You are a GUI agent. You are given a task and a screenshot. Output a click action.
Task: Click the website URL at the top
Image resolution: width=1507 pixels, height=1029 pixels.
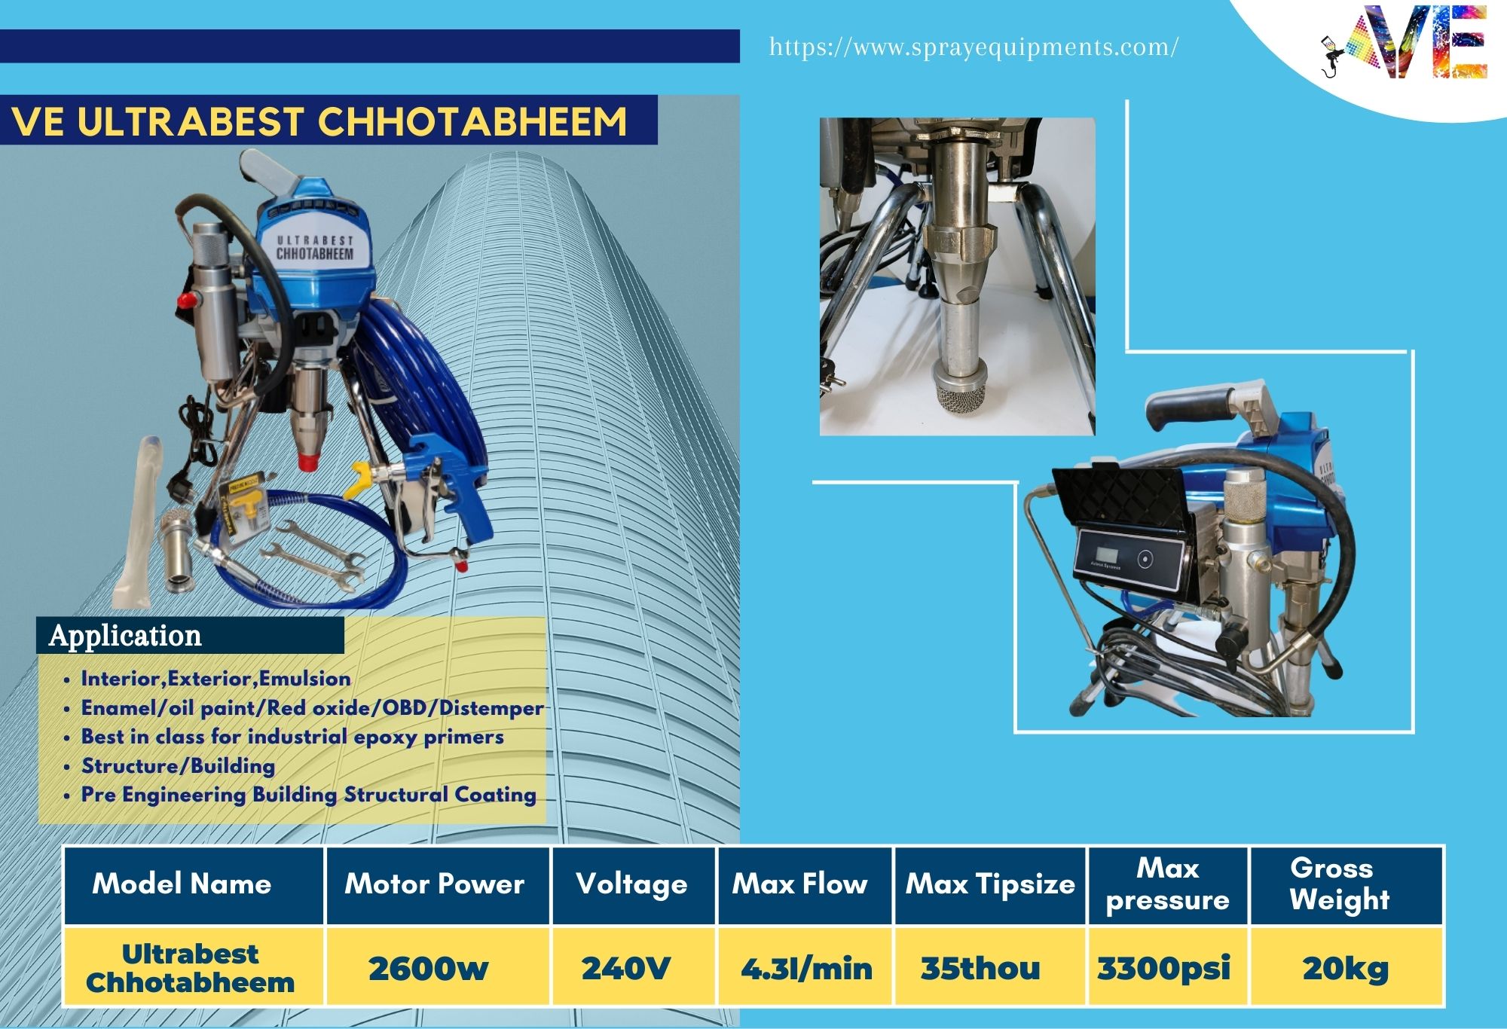click(974, 47)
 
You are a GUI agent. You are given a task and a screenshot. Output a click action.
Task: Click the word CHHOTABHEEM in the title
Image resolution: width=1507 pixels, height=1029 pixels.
click(472, 121)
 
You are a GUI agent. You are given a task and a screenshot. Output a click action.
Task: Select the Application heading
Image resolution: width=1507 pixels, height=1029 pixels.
click(125, 636)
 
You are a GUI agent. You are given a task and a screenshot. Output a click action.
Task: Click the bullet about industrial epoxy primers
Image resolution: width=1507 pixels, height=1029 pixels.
click(292, 737)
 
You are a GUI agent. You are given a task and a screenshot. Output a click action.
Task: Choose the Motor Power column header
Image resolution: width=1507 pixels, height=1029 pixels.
click(435, 884)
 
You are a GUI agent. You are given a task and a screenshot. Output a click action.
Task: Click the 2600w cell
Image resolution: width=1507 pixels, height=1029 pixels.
click(428, 969)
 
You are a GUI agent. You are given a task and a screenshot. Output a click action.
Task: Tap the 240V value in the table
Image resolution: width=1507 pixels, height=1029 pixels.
click(625, 968)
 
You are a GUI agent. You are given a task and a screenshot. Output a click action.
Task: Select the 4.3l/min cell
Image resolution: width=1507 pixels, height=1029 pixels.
click(806, 969)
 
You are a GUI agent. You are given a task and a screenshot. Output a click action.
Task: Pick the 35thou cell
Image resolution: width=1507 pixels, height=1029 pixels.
click(980, 968)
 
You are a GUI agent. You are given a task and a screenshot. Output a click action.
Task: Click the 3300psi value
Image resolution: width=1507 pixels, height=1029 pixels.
click(1164, 969)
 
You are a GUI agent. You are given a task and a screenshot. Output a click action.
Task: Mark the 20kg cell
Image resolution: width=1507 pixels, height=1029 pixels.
click(1346, 969)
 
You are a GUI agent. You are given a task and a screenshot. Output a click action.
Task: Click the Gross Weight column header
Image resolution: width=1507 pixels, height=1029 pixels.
click(1339, 884)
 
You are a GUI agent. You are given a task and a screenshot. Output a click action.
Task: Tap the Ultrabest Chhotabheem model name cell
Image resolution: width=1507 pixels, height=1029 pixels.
click(190, 968)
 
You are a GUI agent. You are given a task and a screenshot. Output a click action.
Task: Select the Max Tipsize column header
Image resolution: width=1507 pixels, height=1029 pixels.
click(990, 884)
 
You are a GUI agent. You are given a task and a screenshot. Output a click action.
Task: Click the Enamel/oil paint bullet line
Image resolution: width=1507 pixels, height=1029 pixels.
click(312, 708)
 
